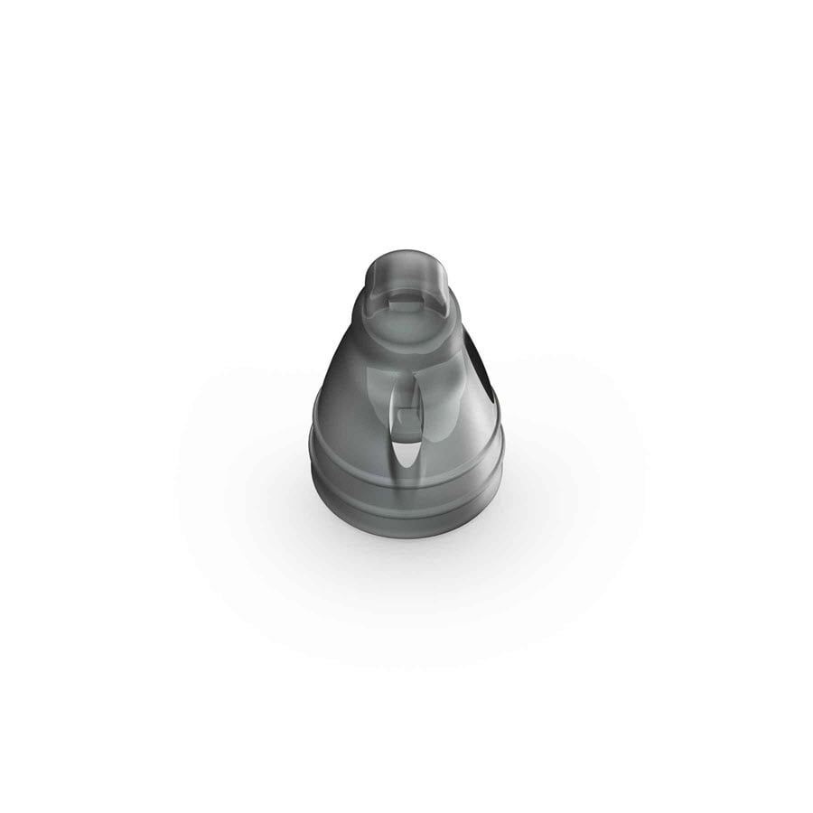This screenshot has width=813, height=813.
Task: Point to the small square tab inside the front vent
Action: click(406, 417)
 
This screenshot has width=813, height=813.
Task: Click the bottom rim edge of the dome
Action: click(406, 535)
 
